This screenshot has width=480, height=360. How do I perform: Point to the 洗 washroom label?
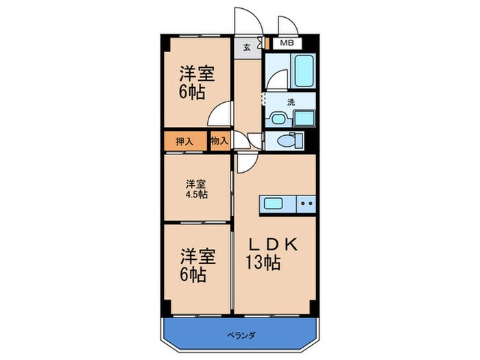tap(291, 102)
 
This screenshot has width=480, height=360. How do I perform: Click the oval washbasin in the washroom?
tap(278, 118)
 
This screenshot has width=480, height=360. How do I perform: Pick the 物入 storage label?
tap(219, 141)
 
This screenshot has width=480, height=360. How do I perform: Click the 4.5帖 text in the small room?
tap(196, 194)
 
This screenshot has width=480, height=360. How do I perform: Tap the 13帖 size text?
tap(263, 263)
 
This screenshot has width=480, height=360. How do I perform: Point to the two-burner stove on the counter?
tap(306, 204)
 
